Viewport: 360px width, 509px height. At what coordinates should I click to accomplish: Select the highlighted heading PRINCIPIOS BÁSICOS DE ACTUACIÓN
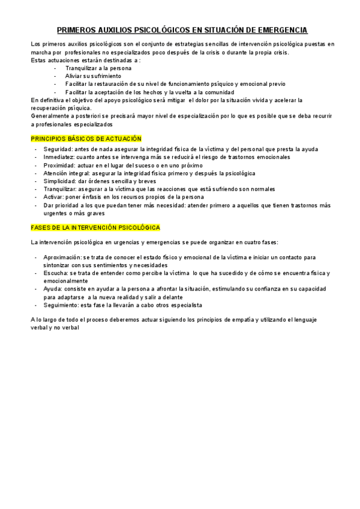click(x=86, y=139)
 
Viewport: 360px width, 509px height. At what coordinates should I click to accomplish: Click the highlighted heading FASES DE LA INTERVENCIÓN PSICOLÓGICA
click(x=95, y=227)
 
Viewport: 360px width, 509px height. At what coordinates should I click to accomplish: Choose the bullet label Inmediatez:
click(x=61, y=157)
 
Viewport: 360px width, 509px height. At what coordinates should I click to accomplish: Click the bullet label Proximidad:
click(x=61, y=165)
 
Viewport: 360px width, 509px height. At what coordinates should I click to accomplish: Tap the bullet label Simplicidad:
click(x=62, y=181)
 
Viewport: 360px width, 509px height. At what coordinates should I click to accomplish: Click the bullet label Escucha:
click(x=55, y=273)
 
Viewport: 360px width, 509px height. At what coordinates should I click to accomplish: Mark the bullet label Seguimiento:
click(x=63, y=305)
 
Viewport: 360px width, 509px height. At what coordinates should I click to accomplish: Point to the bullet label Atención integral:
click(x=68, y=173)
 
